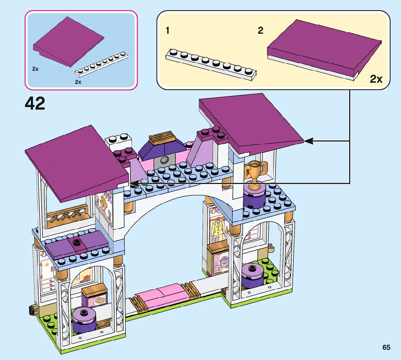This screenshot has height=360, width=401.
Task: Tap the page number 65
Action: pos(386,347)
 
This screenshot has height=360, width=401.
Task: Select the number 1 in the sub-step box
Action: pos(167,31)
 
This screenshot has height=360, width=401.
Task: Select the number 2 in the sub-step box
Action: pos(260,31)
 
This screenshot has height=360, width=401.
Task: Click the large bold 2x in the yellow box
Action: pos(376,79)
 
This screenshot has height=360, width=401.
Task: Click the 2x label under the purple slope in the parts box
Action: pos(35,69)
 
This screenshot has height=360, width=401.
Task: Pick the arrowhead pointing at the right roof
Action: pos(308,141)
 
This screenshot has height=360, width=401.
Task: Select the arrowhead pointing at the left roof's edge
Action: pos(135,184)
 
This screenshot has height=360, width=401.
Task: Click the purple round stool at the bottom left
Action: pos(84,320)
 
